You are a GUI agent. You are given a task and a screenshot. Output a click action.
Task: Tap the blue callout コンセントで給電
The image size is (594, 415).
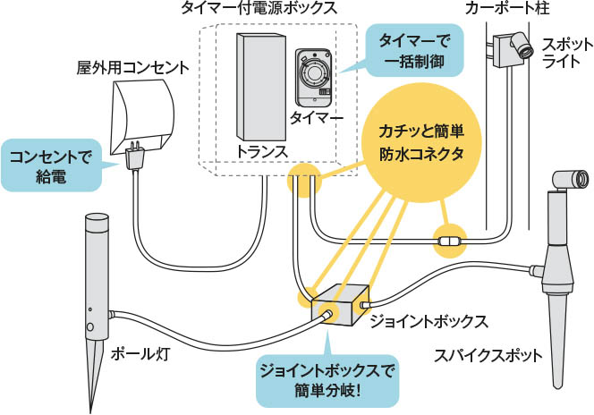(52, 165)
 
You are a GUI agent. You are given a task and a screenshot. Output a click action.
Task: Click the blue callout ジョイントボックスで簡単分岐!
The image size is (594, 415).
(327, 378)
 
